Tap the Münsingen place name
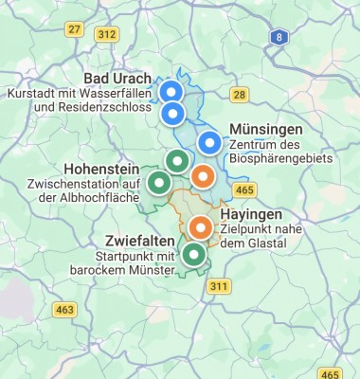[x=265, y=130]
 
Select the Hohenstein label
[x=101, y=168]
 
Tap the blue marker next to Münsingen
[x=210, y=143]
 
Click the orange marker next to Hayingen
[x=200, y=227]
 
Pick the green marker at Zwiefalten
[x=193, y=254]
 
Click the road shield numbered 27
[x=73, y=29]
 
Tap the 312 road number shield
[x=107, y=35]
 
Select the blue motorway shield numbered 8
[x=278, y=37]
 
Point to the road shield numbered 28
[x=239, y=95]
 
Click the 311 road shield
[x=220, y=286]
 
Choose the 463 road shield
[x=64, y=310]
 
